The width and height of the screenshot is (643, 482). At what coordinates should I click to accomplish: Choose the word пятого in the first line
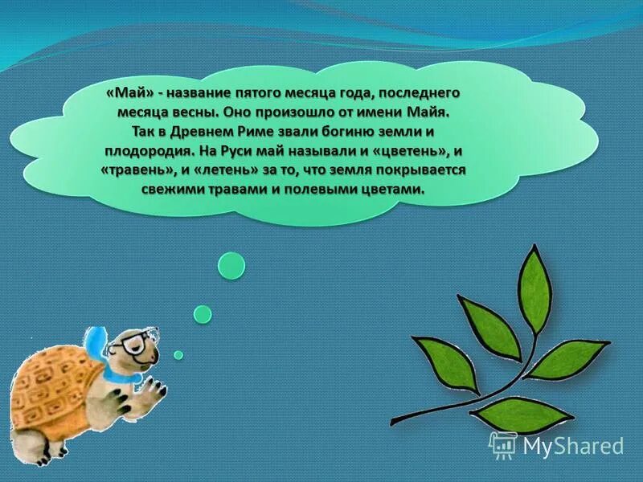tap(285, 92)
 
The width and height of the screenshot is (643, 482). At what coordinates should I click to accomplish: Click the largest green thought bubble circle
tap(231, 265)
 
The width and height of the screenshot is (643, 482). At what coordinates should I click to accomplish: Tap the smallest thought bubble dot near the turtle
tap(178, 354)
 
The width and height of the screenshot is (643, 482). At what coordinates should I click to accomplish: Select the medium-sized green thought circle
tap(203, 313)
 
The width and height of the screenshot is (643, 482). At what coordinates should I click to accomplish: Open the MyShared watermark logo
tap(556, 444)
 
